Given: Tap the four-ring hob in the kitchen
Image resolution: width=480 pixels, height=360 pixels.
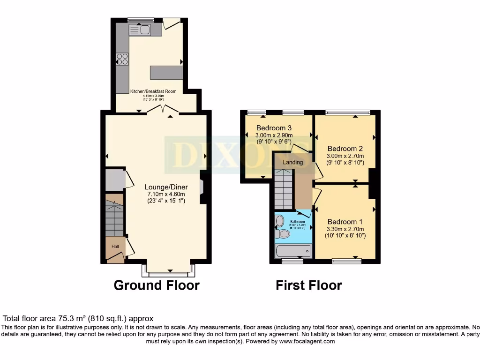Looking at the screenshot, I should click(x=122, y=59).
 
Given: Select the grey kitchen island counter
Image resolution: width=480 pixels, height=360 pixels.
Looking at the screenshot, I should click(x=166, y=73).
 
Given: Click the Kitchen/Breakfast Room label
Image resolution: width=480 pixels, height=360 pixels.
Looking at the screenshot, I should click(x=153, y=91).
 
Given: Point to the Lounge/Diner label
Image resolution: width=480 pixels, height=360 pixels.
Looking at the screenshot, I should click(x=166, y=187).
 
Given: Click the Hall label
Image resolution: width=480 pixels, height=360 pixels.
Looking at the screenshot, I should click(x=115, y=246).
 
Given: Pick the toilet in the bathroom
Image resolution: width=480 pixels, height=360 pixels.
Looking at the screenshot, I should click(x=283, y=233).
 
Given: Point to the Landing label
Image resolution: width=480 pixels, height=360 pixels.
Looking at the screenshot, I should click(x=293, y=162).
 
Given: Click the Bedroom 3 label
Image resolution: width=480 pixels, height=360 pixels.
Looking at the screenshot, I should click(x=274, y=128).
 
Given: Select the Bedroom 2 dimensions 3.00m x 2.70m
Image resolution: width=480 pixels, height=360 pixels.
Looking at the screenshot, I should click(x=345, y=156).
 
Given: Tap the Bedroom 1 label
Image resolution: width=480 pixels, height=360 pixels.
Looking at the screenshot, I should click(x=345, y=222).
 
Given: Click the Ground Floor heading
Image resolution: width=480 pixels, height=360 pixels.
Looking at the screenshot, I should click(x=157, y=285).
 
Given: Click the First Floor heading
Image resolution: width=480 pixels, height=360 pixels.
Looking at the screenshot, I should click(x=308, y=285).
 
